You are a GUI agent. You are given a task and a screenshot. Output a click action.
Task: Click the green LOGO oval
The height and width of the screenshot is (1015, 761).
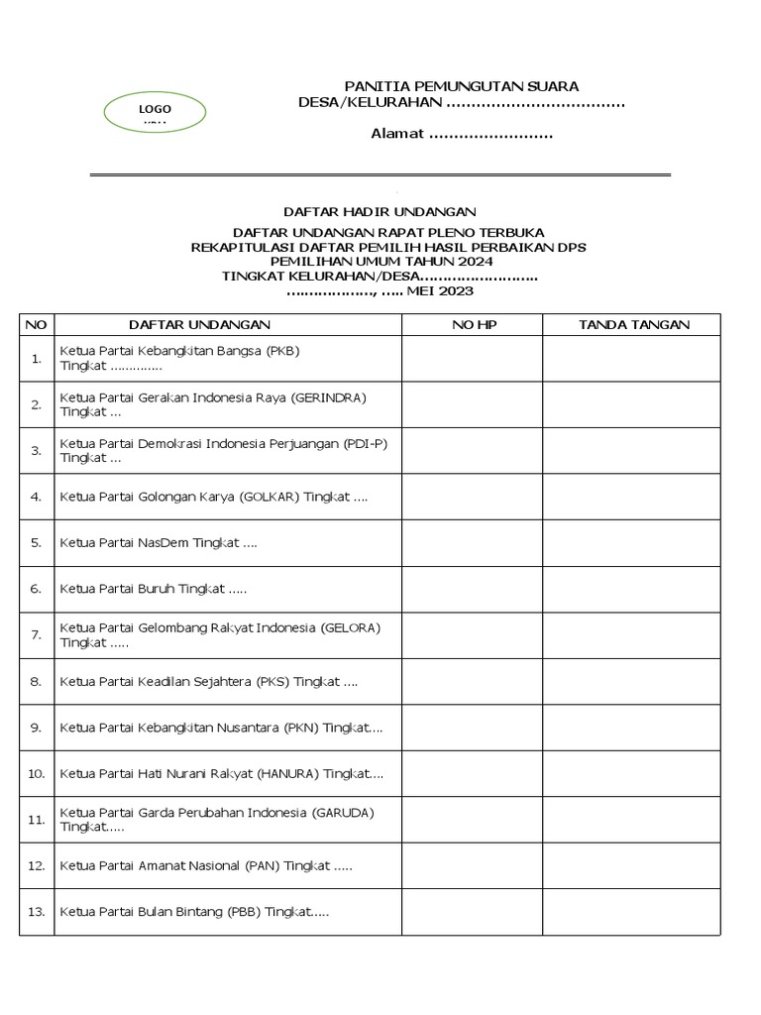pos(155,112)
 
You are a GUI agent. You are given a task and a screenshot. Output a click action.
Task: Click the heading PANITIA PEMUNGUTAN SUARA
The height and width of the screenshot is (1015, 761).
pos(461,87)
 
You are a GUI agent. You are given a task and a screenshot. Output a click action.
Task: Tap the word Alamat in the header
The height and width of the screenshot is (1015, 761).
pos(397,134)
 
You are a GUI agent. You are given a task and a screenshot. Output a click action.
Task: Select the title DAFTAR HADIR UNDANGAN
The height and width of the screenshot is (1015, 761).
pos(380,211)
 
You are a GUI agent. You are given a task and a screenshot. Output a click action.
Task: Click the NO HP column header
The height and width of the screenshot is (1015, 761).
pos(473,325)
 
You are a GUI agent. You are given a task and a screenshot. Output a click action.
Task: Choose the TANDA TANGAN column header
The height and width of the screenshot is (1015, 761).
pos(634,325)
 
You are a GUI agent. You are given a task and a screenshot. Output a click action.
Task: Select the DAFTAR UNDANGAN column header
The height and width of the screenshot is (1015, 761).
pos(199,325)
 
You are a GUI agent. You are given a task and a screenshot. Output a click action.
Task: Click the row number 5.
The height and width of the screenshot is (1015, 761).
pos(36,543)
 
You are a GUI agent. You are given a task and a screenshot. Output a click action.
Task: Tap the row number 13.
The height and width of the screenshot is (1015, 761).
pos(37,912)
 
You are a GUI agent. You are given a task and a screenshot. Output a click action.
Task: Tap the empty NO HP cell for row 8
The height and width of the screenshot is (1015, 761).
pos(472,681)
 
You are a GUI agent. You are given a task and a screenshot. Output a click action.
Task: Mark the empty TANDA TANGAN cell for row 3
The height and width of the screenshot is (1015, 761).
pos(631,451)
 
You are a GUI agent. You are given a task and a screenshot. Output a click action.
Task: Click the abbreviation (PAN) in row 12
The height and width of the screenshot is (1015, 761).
pos(263,865)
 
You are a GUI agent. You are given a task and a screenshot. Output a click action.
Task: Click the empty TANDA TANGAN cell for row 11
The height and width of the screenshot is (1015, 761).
pos(631,820)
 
